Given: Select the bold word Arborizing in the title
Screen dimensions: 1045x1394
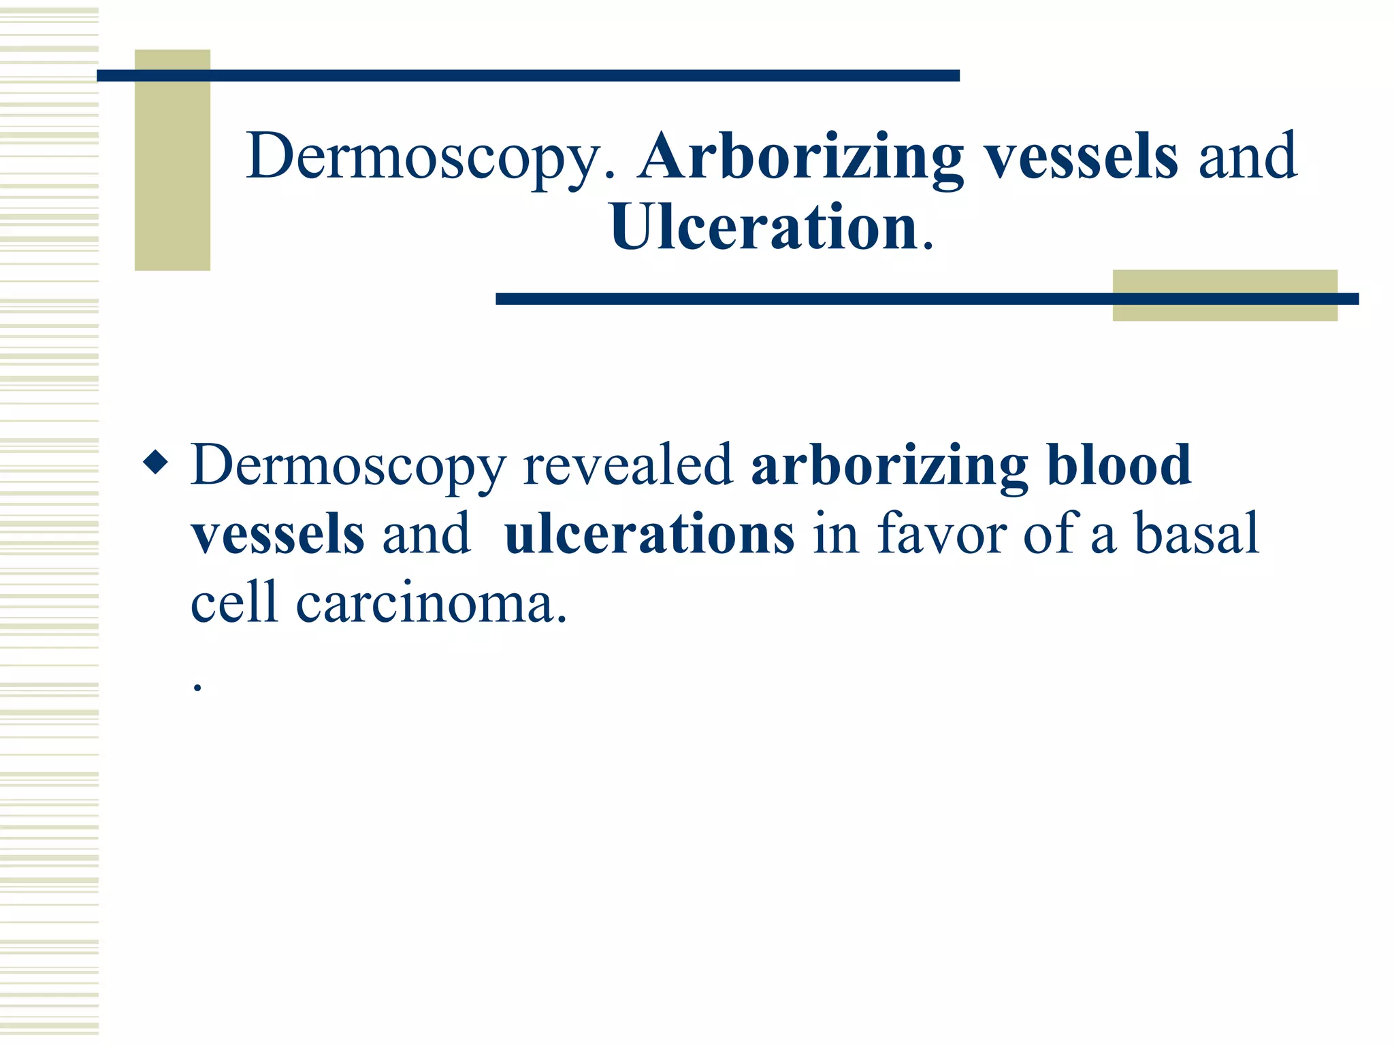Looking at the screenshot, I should click(x=800, y=157).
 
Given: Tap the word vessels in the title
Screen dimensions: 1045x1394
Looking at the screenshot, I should click(x=1082, y=157).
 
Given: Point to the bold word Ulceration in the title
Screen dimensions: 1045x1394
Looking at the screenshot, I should click(x=764, y=227).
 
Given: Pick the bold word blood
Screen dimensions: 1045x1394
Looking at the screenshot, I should click(x=1120, y=465).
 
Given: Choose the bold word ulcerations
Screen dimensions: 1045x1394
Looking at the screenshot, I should click(x=649, y=535).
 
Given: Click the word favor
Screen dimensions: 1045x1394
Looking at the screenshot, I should click(x=942, y=535).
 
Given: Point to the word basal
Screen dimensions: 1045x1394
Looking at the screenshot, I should click(x=1196, y=535).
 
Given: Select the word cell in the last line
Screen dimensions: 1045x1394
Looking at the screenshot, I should click(x=235, y=603).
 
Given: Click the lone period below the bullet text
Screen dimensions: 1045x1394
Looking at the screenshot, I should click(x=197, y=688).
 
